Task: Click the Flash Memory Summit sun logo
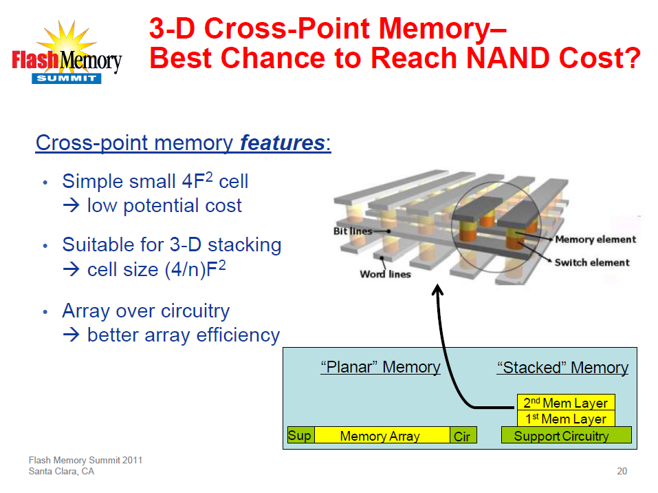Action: point(66,52)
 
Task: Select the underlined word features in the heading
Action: point(282,143)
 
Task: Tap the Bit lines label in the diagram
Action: point(353,231)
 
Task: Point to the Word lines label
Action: point(385,274)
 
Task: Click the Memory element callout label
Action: point(595,240)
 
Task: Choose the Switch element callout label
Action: point(592,262)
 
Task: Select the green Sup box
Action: point(300,435)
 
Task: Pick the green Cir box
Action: point(462,436)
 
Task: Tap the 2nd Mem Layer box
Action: point(565,403)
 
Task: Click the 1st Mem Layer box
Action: point(565,419)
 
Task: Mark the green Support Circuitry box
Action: point(566,436)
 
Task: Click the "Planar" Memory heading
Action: point(380,367)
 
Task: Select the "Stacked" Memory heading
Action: point(562,368)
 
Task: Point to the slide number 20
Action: point(622,472)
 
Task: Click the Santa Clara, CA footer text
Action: point(61,472)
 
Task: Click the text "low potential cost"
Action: point(164,205)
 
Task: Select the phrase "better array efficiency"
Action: point(183,335)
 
